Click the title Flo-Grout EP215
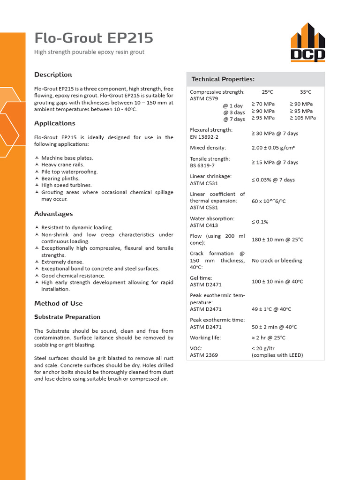tap(94, 38)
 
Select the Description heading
tap(53, 75)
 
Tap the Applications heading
tap(54, 123)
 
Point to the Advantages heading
tap(53, 214)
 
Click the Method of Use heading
tap(58, 303)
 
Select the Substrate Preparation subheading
tap(67, 317)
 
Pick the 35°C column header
tap(306, 92)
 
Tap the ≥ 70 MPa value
tap(263, 104)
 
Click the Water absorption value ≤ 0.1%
tap(260, 222)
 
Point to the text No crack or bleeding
tap(277, 261)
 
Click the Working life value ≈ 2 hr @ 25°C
tap(269, 337)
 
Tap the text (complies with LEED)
tap(277, 355)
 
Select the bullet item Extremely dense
tap(62, 262)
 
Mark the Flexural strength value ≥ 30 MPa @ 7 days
tap(275, 134)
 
